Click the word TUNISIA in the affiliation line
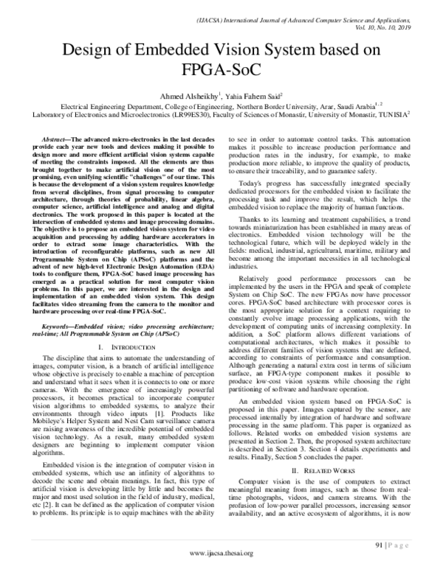pyautogui.click(x=398, y=116)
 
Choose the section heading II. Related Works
pyautogui.click(x=326, y=450)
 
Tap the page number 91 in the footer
pyautogui.click(x=373, y=546)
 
